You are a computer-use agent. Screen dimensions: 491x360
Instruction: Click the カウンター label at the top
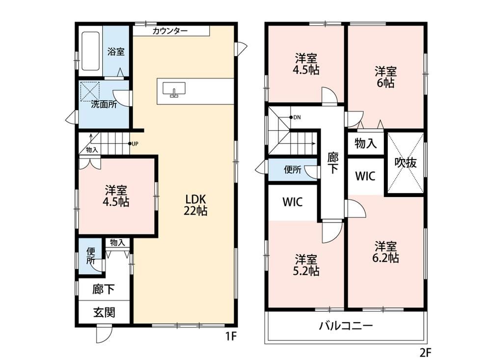click(x=170, y=31)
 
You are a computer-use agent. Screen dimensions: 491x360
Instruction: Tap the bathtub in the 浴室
click(x=91, y=51)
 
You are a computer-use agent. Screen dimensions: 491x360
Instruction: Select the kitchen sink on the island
click(x=174, y=89)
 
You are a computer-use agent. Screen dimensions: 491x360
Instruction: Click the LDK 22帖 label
click(x=195, y=205)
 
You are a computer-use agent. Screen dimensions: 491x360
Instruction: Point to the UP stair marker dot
click(x=130, y=144)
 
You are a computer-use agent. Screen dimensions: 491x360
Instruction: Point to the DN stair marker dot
click(x=291, y=117)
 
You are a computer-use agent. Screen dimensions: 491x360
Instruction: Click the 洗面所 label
click(x=104, y=104)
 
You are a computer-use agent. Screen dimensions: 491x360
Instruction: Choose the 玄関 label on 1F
click(x=104, y=312)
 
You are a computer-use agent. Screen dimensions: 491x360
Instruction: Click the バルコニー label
click(x=346, y=326)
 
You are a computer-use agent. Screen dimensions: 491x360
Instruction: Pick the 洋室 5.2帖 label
click(x=306, y=265)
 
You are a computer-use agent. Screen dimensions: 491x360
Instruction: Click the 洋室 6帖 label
click(x=385, y=77)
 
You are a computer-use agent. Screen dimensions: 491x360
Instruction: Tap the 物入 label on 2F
click(x=365, y=143)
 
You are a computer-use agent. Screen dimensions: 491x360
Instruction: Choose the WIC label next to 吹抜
click(x=365, y=176)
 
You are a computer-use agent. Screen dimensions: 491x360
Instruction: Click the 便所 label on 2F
click(x=293, y=169)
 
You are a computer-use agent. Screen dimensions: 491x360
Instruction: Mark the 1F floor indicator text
click(x=231, y=336)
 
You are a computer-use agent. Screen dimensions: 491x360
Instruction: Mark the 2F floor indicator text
click(x=425, y=353)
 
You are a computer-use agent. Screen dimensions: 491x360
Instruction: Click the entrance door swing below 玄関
click(x=104, y=334)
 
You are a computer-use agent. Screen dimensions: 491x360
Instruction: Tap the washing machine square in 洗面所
click(x=90, y=91)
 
